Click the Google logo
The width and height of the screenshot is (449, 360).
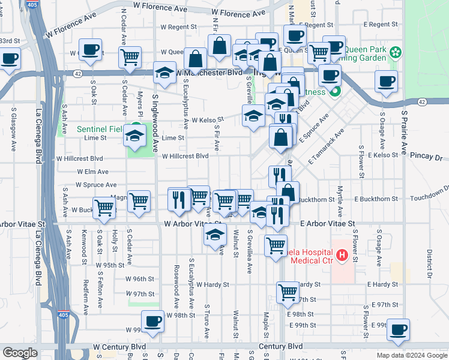pyautogui.click(x=20, y=352)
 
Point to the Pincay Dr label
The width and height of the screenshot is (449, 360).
pyautogui.click(x=426, y=156)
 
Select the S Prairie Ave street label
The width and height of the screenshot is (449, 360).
pyautogui.click(x=405, y=130)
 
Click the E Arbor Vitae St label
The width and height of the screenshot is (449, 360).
pyautogui.click(x=327, y=223)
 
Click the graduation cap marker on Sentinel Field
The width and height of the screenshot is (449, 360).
pyautogui.click(x=135, y=136)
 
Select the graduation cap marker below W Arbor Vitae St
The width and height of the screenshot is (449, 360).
pyautogui.click(x=215, y=237)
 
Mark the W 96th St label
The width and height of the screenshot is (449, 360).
pyautogui.click(x=140, y=279)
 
